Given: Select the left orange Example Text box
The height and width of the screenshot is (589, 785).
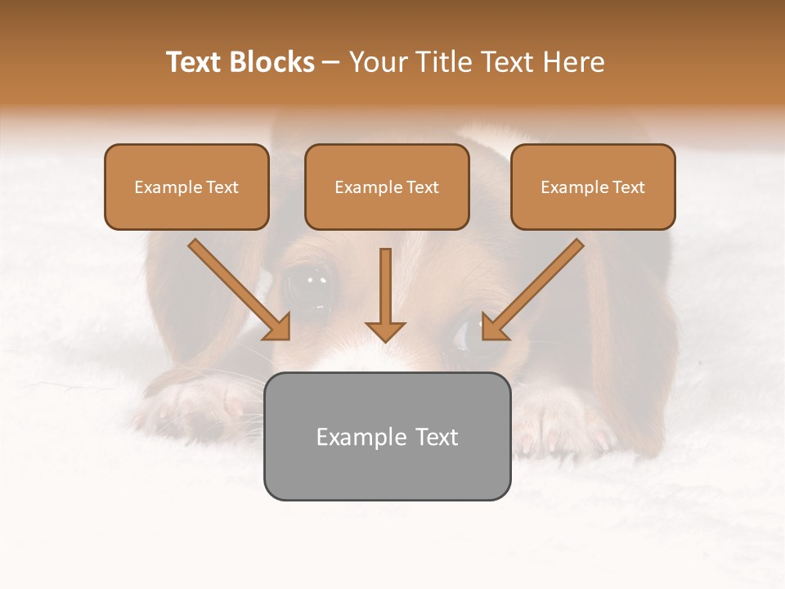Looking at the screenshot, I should (186, 187).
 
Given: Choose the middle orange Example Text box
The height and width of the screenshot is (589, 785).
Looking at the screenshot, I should (387, 187).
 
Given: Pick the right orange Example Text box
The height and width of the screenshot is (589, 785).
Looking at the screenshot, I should (593, 187).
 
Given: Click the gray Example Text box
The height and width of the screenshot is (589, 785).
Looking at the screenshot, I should (387, 436).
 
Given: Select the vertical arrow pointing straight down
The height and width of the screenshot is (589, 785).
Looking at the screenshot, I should (385, 294).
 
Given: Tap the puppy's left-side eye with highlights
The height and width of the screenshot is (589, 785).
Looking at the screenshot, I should (310, 286).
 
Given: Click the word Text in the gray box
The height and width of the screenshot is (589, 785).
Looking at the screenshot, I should (437, 436).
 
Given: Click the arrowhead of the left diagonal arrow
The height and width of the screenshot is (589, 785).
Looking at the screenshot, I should (277, 326).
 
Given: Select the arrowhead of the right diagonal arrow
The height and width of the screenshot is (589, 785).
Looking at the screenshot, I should (494, 326).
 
